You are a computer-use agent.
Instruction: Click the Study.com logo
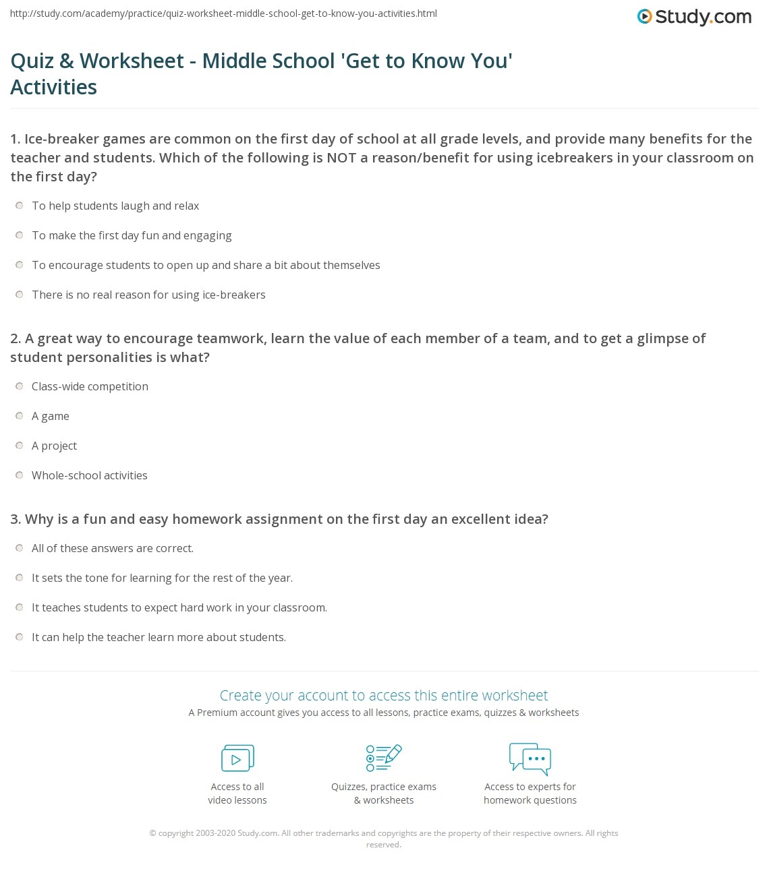[694, 17]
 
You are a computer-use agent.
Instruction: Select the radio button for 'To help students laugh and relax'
[20, 206]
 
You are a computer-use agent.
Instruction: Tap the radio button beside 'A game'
[20, 416]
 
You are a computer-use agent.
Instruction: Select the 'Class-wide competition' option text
[90, 386]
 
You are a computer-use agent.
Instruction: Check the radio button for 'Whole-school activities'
[20, 475]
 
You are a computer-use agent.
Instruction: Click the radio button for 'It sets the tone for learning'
[20, 578]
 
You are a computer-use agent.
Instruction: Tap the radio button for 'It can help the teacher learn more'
[20, 637]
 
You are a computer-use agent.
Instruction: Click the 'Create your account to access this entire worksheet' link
[383, 695]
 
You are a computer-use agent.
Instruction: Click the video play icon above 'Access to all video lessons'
[237, 758]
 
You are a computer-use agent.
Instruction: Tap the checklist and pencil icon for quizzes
[383, 758]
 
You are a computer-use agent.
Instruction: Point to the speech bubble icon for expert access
[530, 758]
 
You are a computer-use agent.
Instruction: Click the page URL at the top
[223, 13]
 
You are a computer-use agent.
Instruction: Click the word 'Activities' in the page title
[54, 87]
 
